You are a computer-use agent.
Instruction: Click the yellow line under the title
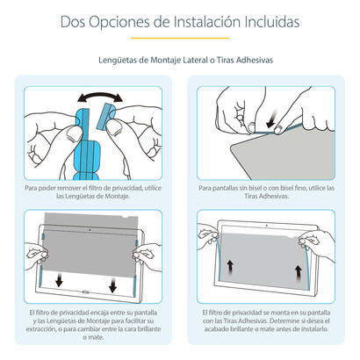click(x=180, y=38)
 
